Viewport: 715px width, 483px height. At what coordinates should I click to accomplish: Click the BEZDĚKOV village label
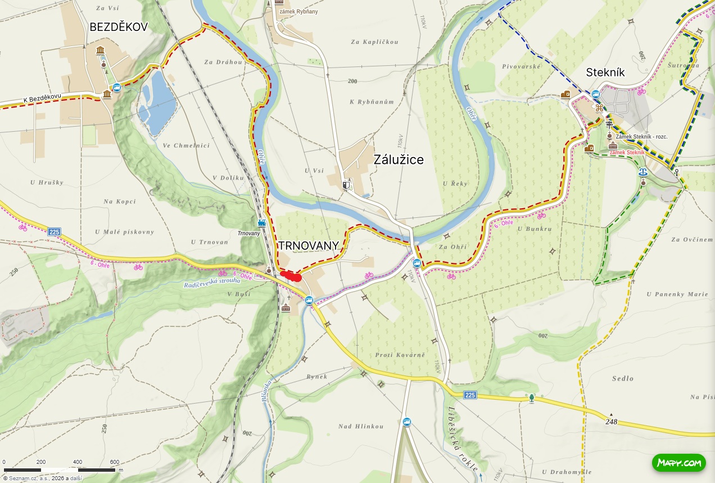pyautogui.click(x=119, y=27)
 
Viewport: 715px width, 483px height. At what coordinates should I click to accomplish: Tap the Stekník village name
pyautogui.click(x=605, y=72)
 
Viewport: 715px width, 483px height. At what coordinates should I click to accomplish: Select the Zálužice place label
pyautogui.click(x=399, y=160)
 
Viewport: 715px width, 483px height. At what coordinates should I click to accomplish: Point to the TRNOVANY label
pyautogui.click(x=308, y=245)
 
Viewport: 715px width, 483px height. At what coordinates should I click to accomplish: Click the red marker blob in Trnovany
pyautogui.click(x=291, y=276)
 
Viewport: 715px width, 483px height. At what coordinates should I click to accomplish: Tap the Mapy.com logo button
pyautogui.click(x=678, y=463)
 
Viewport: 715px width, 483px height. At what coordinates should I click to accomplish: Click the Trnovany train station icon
pyautogui.click(x=261, y=223)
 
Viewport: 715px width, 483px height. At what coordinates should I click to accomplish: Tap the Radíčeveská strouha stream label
pyautogui.click(x=212, y=283)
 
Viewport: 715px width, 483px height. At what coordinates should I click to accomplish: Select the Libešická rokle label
pyautogui.click(x=463, y=439)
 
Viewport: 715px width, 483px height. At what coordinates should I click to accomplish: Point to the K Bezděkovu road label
pyautogui.click(x=42, y=99)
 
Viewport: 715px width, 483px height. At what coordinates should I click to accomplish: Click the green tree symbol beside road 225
pyautogui.click(x=531, y=398)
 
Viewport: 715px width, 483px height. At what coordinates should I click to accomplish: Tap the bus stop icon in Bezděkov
pyautogui.click(x=116, y=87)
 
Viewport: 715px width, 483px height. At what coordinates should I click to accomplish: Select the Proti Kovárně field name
pyautogui.click(x=400, y=355)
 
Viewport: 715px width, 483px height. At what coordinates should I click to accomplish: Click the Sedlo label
pyautogui.click(x=623, y=379)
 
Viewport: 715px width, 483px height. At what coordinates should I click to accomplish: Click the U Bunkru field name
pyautogui.click(x=535, y=229)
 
